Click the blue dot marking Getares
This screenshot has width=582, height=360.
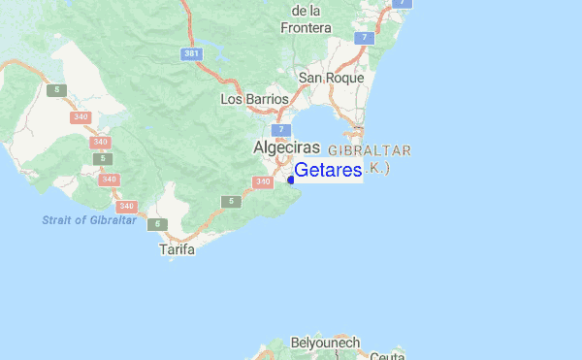point(291,180)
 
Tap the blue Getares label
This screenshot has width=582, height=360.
point(328,171)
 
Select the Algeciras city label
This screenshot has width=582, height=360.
point(286,147)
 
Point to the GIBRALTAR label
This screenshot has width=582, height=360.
point(371,150)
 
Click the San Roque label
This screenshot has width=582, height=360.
point(331,78)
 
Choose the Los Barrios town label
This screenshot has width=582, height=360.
point(255,99)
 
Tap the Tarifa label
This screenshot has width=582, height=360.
point(177,249)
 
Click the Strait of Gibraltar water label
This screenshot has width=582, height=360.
point(89,220)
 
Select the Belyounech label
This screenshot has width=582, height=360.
point(325,344)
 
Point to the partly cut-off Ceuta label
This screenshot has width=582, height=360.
point(387,355)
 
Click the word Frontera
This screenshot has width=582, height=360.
point(307,27)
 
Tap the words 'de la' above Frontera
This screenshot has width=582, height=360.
point(306,10)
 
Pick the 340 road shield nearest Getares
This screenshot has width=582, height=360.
point(262,182)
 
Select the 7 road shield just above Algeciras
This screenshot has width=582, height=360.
point(280,129)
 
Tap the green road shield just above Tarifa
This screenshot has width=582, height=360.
point(157,225)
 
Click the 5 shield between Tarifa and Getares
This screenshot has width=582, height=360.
point(229,201)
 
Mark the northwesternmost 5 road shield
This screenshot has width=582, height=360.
point(58,90)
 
